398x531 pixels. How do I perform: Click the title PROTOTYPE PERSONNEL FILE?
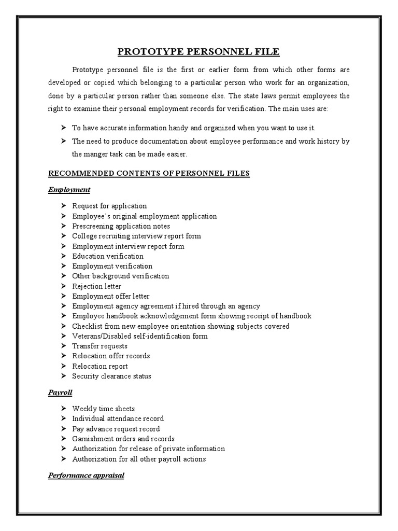[x=198, y=51]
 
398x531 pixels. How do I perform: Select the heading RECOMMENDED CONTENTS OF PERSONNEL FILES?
[x=149, y=173]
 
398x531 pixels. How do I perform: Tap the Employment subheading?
[x=69, y=189]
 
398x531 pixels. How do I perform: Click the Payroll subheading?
[x=60, y=393]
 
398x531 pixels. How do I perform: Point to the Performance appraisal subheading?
[x=86, y=475]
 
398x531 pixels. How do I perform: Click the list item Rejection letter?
[x=96, y=286]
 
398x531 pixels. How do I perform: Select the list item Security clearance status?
[x=111, y=376]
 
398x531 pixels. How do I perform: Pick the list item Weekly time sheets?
[x=103, y=409]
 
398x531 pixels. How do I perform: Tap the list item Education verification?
[x=108, y=256]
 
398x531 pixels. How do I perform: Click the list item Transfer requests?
[x=99, y=346]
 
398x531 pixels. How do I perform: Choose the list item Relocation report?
[x=99, y=366]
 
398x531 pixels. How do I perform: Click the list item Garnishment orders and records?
[x=123, y=439]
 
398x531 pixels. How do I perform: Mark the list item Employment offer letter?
[x=111, y=296]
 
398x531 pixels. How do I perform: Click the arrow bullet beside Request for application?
[x=63, y=206]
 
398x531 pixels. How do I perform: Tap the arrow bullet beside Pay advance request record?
[x=63, y=429]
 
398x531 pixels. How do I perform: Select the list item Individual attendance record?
[x=118, y=418]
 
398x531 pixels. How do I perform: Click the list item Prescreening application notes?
[x=121, y=226]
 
